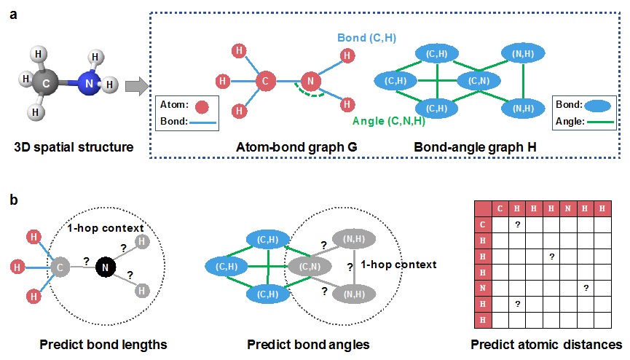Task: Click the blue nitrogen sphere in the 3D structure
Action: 88,84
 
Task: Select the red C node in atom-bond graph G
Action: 267,81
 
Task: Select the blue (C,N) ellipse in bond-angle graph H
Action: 479,81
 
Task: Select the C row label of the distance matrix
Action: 482,224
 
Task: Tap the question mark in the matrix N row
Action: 586,288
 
